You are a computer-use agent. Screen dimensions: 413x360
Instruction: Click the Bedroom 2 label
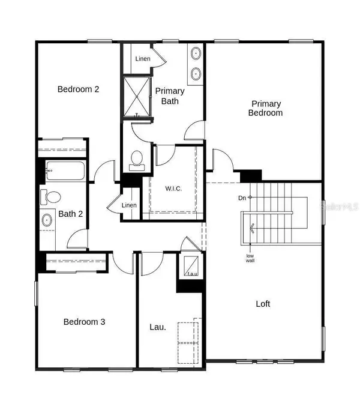click(78, 89)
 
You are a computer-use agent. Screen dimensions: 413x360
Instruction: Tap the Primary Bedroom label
click(266, 108)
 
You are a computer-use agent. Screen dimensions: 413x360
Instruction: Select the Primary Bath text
click(170, 96)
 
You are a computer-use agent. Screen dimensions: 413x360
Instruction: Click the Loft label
click(263, 304)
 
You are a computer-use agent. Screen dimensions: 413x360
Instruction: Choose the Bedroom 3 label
click(85, 322)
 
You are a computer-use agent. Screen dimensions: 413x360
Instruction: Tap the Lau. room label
click(157, 328)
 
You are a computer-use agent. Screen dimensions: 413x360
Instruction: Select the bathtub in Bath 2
click(65, 172)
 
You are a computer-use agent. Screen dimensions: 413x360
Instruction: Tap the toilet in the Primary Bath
click(137, 159)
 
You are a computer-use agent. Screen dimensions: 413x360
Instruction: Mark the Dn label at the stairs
click(241, 197)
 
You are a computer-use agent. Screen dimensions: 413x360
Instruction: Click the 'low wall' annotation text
click(250, 259)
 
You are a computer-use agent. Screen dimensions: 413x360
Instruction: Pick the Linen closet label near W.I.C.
click(129, 205)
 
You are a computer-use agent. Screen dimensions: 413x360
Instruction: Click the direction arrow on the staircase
click(252, 228)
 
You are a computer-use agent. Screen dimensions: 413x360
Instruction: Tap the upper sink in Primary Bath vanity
click(196, 54)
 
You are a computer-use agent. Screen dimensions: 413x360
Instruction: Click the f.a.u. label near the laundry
click(191, 274)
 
